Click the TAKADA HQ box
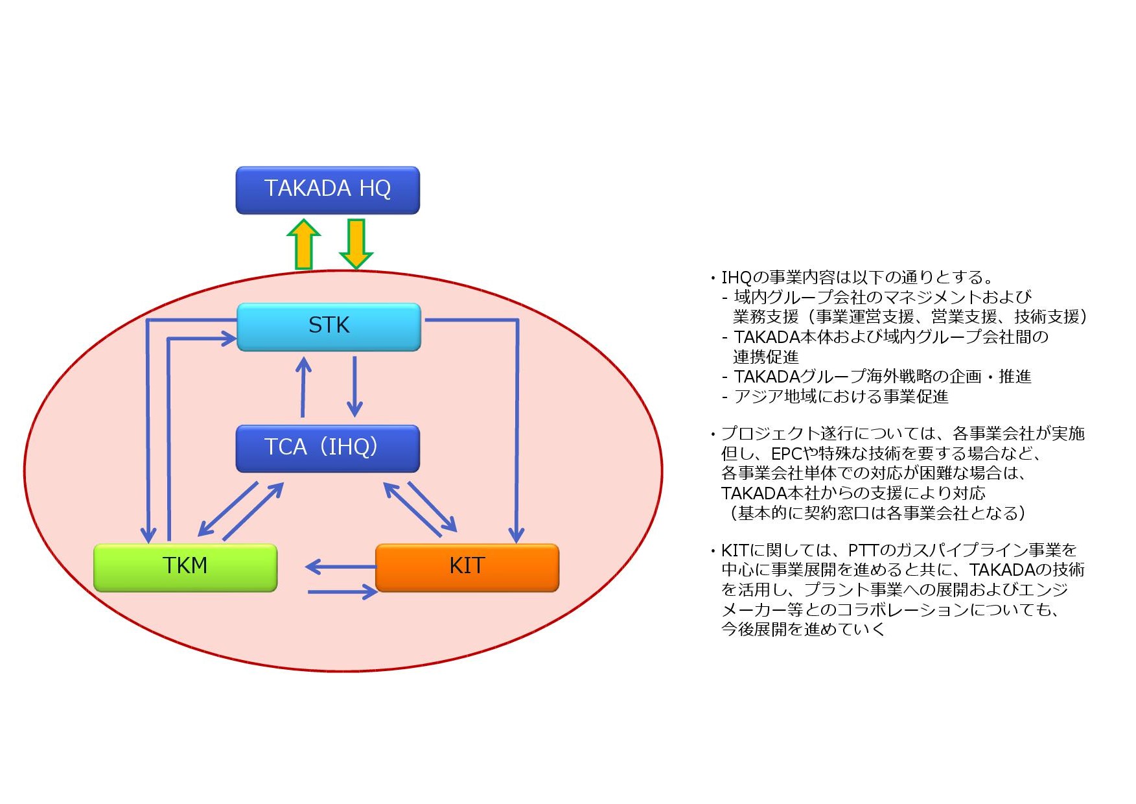pos(327,190)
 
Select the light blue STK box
pos(329,327)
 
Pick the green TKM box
pos(185,567)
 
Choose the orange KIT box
pos(467,567)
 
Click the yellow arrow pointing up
pos(303,244)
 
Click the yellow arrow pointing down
pos(356,244)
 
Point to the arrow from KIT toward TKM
pos(341,567)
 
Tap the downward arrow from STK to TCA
pos(354,386)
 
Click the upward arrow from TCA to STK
pos(303,386)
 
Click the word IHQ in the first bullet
pos(736,278)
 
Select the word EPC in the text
pos(786,454)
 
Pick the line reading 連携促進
pos(766,357)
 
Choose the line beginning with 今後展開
pos(803,630)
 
